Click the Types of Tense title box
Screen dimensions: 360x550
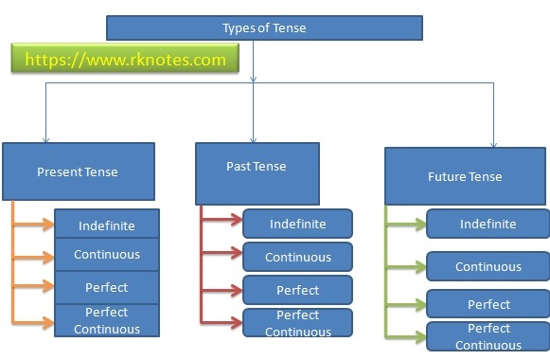coord(264,27)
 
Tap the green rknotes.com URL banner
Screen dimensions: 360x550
coord(126,60)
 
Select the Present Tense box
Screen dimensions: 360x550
coord(78,171)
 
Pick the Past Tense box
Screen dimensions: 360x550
coord(256,167)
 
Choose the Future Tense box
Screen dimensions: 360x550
coord(465,176)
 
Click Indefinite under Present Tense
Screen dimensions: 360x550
coord(107,225)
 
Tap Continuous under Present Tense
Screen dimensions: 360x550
coord(107,255)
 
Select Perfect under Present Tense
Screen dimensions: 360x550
coord(107,287)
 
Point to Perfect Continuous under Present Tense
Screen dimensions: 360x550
coord(107,320)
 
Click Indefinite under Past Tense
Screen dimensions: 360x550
coord(297,224)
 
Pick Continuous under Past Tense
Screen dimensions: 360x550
coord(297,257)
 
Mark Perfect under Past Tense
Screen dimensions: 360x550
coord(297,290)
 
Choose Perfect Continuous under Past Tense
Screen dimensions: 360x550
coord(297,323)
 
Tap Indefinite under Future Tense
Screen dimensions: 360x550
coord(488,224)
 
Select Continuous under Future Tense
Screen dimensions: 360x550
coord(488,266)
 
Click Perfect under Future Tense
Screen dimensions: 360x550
coord(488,304)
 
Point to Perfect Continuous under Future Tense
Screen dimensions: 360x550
coord(488,336)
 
